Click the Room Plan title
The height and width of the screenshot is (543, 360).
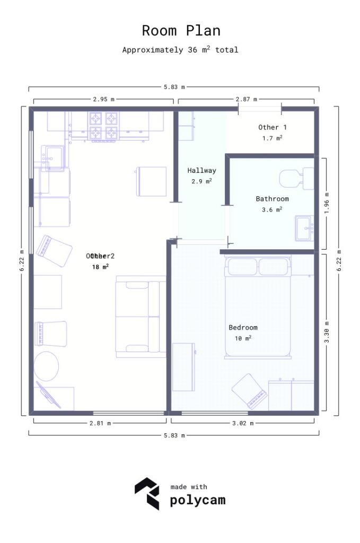click(x=181, y=30)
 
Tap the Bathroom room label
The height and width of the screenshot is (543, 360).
click(x=272, y=199)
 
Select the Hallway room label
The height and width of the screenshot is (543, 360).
click(x=201, y=171)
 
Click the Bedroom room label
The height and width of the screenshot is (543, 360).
click(x=243, y=327)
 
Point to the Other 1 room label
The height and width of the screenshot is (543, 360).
click(x=272, y=127)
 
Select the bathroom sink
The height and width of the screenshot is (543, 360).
click(x=304, y=229)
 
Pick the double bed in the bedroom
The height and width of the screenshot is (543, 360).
click(x=258, y=308)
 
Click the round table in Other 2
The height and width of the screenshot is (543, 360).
click(x=47, y=366)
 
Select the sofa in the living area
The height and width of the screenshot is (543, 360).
click(x=138, y=316)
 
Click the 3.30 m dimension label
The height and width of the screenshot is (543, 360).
click(x=327, y=332)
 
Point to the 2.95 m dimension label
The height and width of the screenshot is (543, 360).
click(x=103, y=99)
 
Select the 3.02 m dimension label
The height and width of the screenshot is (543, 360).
click(x=243, y=423)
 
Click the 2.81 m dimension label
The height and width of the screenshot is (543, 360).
click(x=100, y=423)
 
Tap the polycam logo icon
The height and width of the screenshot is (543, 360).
click(x=146, y=493)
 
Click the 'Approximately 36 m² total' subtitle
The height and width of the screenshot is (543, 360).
click(x=180, y=50)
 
